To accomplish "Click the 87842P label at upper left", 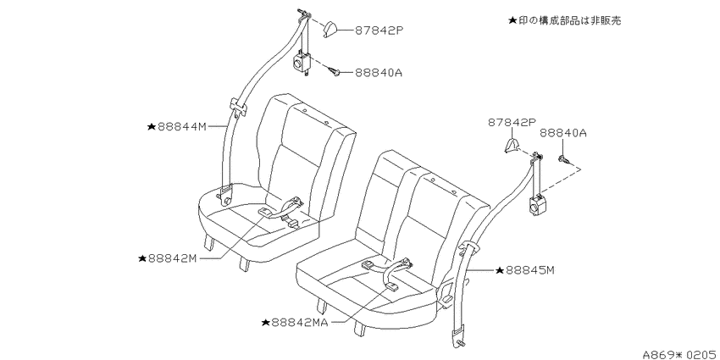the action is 379,30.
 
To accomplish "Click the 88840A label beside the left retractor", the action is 378,73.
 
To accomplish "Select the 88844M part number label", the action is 182,127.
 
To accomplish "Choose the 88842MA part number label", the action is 299,323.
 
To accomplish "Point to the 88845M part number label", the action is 530,270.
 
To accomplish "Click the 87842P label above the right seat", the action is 512,122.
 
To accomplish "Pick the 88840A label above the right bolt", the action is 563,133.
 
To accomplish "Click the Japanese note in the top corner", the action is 565,20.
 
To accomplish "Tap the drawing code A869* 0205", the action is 680,354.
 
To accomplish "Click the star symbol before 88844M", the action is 152,127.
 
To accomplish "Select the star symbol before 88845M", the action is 500,270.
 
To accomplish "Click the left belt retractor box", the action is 302,62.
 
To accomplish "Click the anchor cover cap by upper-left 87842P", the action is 331,30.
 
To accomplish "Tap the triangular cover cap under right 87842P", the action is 512,145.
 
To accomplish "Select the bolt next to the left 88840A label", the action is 334,71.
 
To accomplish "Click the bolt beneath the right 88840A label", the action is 563,159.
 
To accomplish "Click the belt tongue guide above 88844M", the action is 238,108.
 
